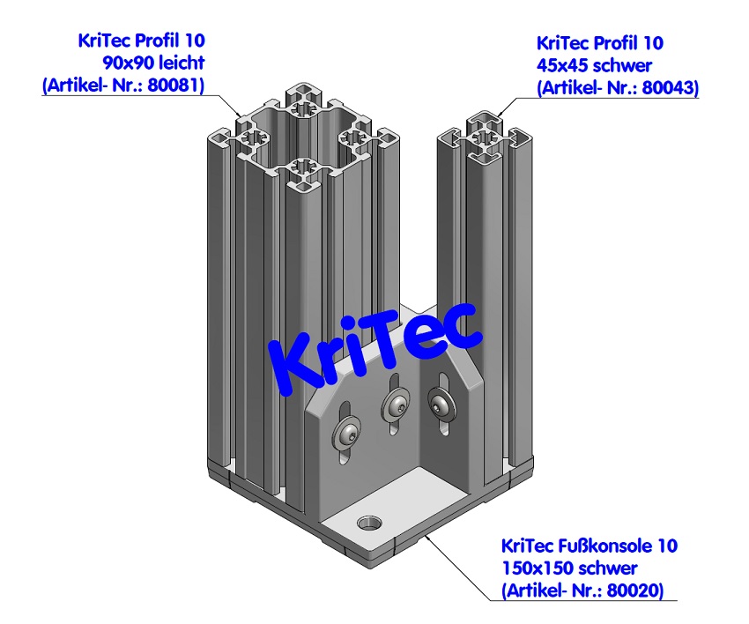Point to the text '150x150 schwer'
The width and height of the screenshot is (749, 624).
point(568,568)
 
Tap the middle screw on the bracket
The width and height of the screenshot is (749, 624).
point(395,406)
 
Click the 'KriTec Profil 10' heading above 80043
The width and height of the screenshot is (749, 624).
point(599,42)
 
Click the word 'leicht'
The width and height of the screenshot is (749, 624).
point(181,63)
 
